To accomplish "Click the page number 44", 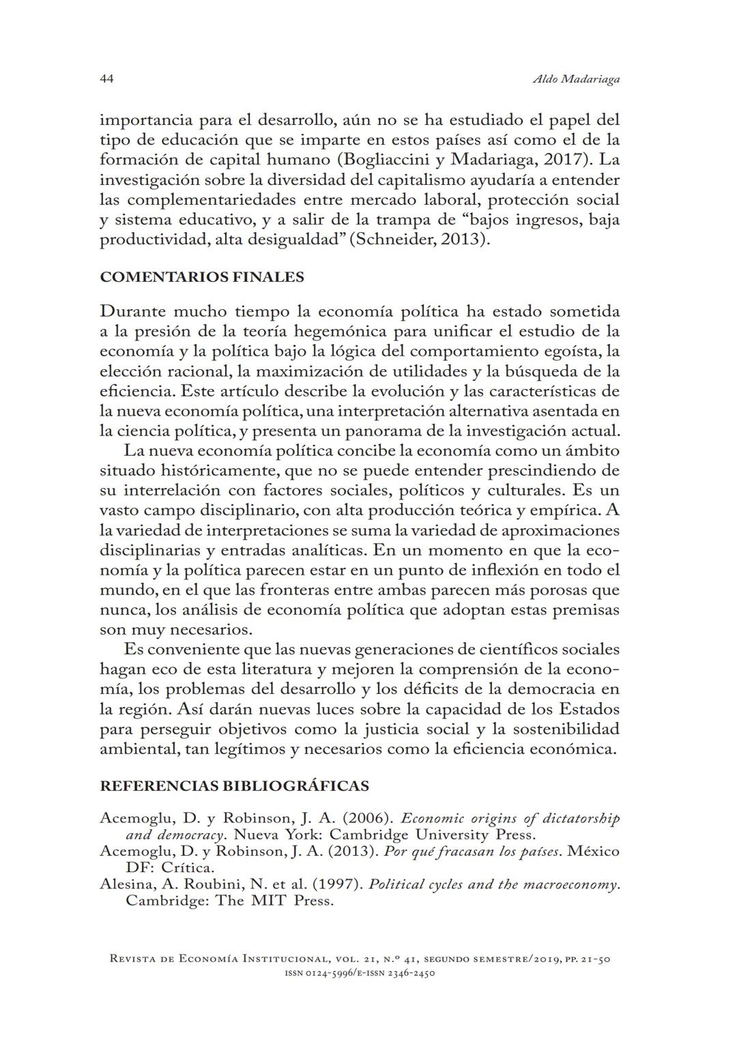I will pos(106,78).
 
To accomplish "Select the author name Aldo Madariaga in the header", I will pos(575,79).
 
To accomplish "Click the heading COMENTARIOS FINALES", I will pos(202,277).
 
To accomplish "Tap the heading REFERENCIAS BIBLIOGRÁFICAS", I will pos(234,785).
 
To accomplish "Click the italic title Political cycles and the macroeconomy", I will pos(493,884).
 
